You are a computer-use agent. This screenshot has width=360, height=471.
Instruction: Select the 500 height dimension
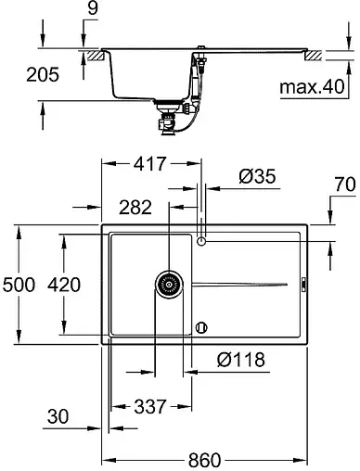[19, 286]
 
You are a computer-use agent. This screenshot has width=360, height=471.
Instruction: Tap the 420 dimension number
[71, 286]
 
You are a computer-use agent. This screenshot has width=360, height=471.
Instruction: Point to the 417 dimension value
[148, 164]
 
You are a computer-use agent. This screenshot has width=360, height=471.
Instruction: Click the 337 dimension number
[150, 406]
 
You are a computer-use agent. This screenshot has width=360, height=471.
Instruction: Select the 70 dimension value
[343, 186]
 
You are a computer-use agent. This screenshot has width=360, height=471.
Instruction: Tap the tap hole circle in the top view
[202, 242]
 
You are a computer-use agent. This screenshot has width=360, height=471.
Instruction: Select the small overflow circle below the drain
[202, 326]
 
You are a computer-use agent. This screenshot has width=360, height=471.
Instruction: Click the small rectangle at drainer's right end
[303, 285]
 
